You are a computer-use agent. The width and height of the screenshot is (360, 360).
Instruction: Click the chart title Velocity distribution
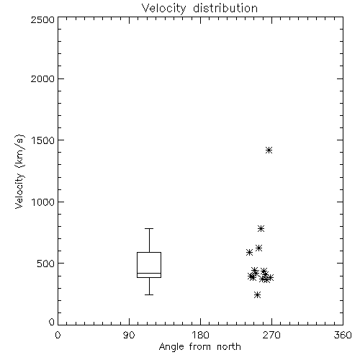[x=199, y=8]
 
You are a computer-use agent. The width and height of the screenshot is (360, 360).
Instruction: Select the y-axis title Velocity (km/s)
[x=19, y=171]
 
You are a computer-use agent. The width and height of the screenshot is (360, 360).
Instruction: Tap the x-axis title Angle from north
[x=199, y=347]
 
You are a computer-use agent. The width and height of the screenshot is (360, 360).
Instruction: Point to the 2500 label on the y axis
[x=42, y=19]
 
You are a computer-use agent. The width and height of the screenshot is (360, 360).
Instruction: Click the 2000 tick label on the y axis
[x=42, y=78]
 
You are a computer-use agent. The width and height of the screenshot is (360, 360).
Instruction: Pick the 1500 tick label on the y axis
[x=43, y=140]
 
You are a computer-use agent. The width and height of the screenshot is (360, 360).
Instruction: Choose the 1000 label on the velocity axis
[x=43, y=202]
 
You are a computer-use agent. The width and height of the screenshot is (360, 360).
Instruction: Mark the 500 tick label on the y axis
[x=46, y=264]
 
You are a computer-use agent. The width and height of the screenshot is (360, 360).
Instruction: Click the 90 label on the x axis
[x=129, y=335]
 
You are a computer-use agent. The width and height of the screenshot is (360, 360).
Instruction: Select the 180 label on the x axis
[x=200, y=335]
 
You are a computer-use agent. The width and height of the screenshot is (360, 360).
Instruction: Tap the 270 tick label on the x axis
[x=271, y=335]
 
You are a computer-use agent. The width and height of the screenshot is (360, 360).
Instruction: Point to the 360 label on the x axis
[x=343, y=335]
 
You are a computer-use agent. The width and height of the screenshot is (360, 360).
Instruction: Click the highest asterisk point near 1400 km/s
[x=269, y=150]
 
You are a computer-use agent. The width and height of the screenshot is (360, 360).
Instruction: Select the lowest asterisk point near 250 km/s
[x=257, y=294]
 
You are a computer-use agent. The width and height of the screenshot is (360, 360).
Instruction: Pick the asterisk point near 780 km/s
[x=261, y=228]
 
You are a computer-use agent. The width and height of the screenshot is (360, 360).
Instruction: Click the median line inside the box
[x=149, y=273]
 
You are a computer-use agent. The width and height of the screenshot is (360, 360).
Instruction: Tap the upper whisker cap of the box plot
[x=149, y=228]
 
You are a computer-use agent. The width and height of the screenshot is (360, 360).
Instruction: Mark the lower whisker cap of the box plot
[x=149, y=294]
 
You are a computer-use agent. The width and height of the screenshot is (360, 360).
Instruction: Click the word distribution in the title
[x=225, y=8]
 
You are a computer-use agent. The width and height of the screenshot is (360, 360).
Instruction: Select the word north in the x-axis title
[x=229, y=347]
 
